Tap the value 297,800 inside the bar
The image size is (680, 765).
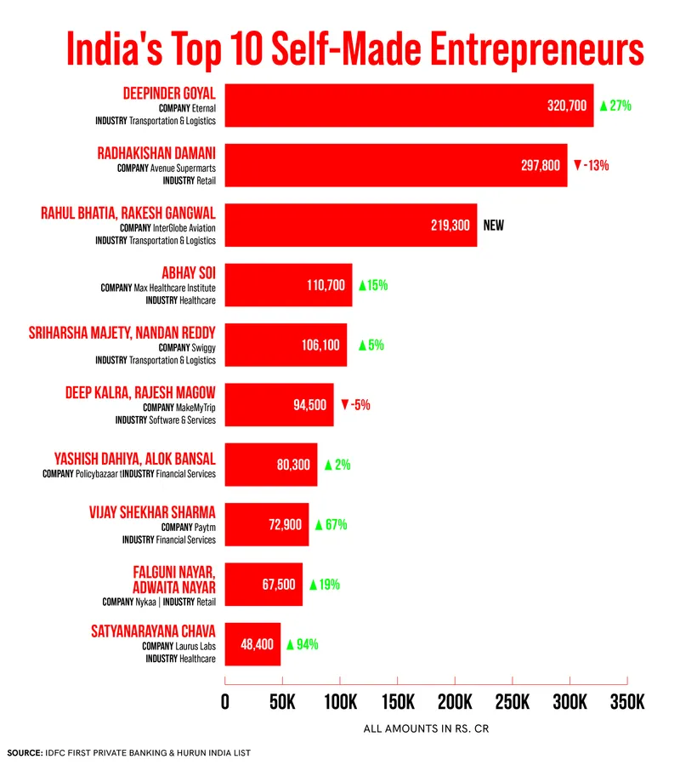tap(540, 166)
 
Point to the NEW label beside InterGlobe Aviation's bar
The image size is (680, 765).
tap(494, 226)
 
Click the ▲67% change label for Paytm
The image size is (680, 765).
tap(331, 525)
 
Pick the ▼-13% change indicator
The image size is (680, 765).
tap(591, 165)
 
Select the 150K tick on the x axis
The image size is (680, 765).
tap(397, 703)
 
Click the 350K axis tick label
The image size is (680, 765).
tap(627, 703)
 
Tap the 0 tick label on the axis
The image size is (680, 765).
tap(225, 703)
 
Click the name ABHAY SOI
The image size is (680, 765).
tap(189, 273)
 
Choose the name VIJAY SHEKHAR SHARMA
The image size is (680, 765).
tap(152, 512)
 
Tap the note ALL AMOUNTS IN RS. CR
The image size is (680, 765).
tap(426, 729)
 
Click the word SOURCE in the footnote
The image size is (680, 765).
tap(25, 753)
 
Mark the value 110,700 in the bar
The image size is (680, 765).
tap(326, 285)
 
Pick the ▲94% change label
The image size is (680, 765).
tap(302, 644)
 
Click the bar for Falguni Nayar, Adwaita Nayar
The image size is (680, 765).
tap(263, 585)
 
